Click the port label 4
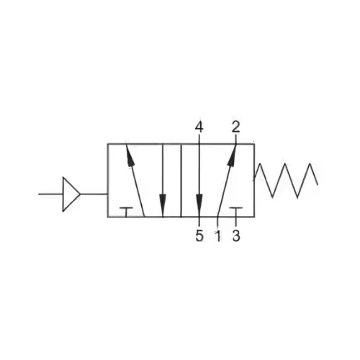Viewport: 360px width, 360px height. coord(199,127)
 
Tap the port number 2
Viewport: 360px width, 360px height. coord(235,127)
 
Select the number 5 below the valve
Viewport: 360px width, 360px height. coord(199,235)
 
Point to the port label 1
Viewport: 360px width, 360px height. coord(218,235)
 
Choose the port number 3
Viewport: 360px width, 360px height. coord(236,235)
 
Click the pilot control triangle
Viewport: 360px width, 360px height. coord(70,194)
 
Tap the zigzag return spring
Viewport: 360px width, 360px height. coord(286,181)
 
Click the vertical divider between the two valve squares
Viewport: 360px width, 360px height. coord(181,181)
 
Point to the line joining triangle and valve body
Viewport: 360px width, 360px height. coord(94,194)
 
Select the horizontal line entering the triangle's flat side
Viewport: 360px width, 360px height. coord(50,194)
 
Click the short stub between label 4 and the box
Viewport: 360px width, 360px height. coord(199,139)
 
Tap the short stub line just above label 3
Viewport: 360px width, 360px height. coord(236,222)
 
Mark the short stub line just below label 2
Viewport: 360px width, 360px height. coord(235,139)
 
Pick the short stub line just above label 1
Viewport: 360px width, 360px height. coord(217,222)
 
